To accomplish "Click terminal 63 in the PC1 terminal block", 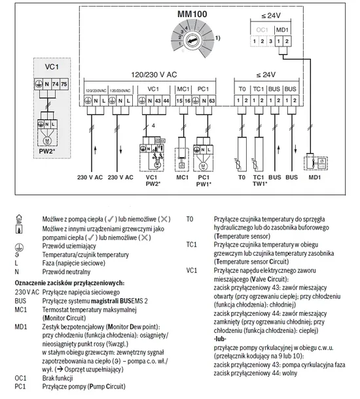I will coord(213,101).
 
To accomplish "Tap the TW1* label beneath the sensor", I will coord(259,184).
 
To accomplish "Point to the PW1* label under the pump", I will coord(204,184).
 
